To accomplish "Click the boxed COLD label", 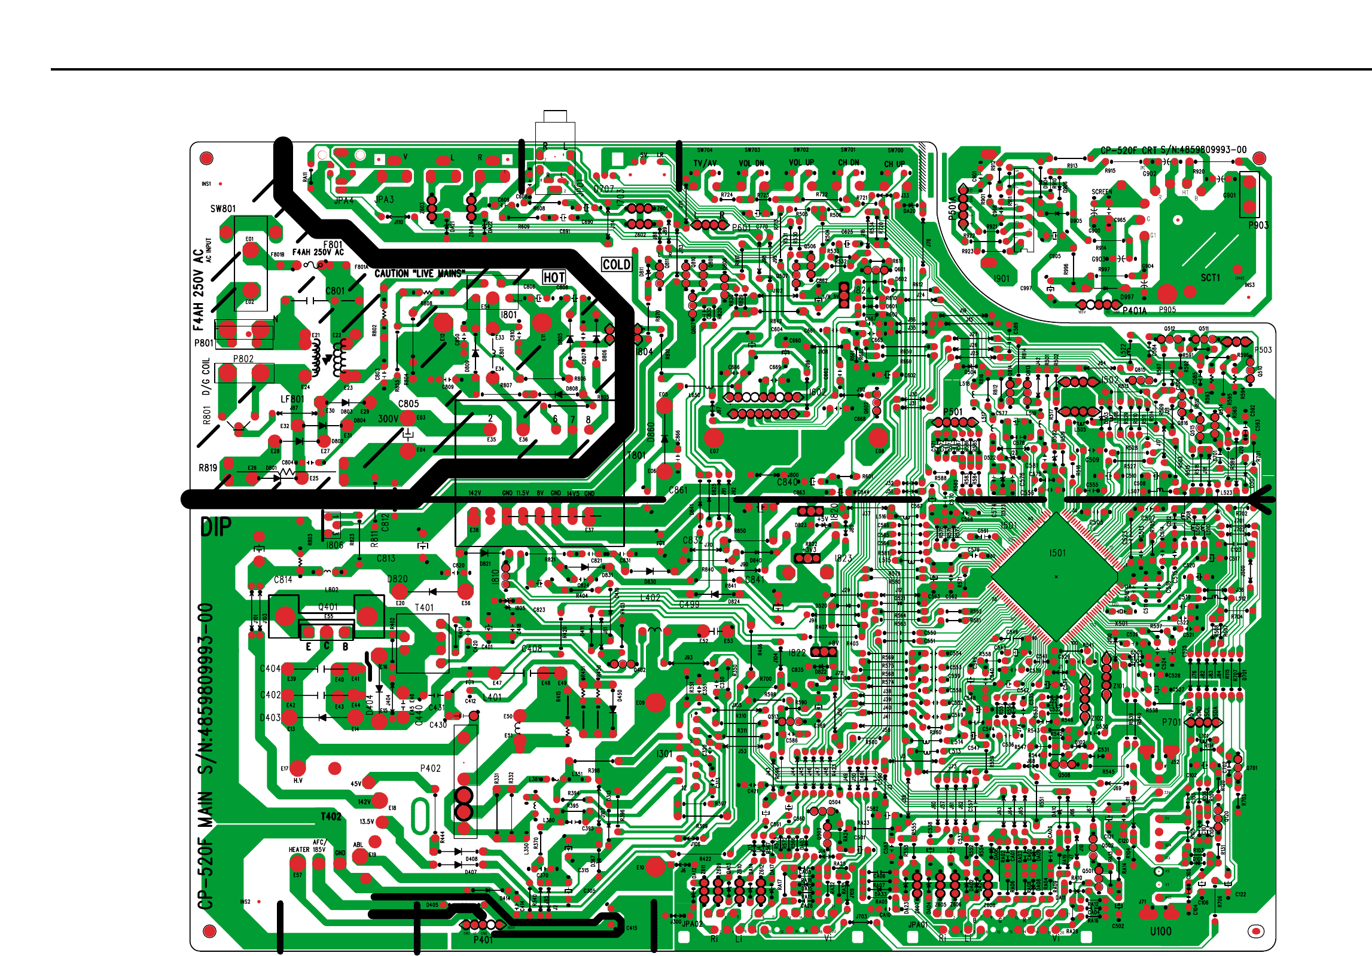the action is point(617,265).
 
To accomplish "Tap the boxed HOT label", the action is point(554,277).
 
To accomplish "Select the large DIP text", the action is point(216,527).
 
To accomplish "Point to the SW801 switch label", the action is point(223,209).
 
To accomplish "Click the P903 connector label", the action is point(1258,225).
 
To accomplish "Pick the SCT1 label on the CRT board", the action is point(1210,277).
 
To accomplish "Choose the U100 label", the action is point(1160,931).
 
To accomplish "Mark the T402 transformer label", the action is point(331,816).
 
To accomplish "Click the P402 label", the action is point(430,768).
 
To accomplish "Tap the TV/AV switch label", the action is point(705,163).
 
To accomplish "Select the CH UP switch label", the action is point(895,164).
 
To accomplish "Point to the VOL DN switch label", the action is point(751,163).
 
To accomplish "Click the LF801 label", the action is point(292,399).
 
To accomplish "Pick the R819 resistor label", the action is point(208,468).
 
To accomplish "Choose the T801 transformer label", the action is point(636,455).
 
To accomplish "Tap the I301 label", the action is point(664,754).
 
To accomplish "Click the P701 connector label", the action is point(1171,722).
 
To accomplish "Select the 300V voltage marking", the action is point(388,419).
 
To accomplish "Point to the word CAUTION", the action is point(392,274).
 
